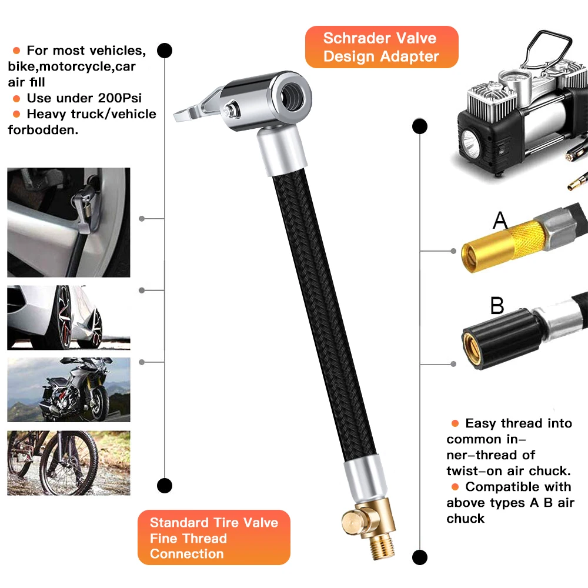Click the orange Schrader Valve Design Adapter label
coord(380,48)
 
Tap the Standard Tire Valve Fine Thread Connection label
coord(213,537)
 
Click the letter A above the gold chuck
coord(500,220)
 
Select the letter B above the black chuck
coord(497,306)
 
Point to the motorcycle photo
coord(69,389)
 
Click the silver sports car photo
coord(69,318)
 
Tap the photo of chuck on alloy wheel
coord(69,222)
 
